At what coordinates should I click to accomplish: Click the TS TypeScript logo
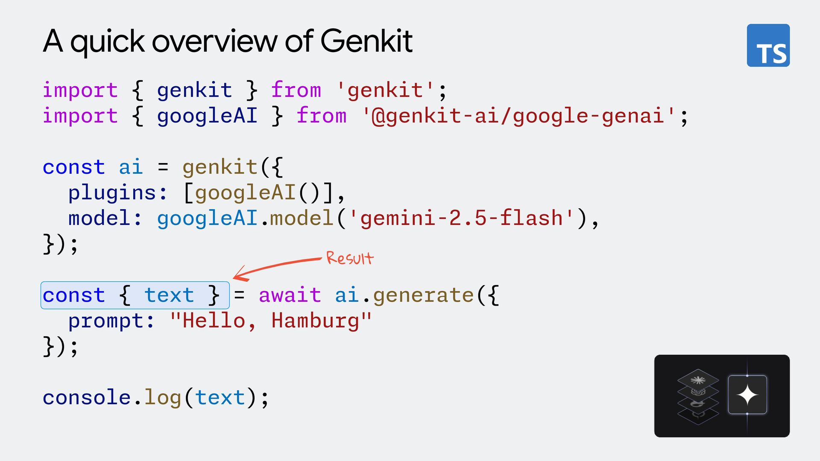(768, 45)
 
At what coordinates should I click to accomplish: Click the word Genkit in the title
(366, 41)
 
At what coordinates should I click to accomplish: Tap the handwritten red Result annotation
(350, 258)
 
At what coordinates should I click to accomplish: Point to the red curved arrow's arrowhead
(237, 276)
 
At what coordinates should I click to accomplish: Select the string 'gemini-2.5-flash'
(461, 218)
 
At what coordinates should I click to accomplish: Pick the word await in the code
(290, 295)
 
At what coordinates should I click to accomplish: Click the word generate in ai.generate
(423, 295)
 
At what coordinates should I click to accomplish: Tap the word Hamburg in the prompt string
(315, 321)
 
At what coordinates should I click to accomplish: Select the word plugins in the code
(112, 193)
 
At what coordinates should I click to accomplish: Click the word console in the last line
(86, 397)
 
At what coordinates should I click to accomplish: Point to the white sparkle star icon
(747, 395)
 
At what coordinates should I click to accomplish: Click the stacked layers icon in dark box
(698, 397)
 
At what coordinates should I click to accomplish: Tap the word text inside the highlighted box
(169, 295)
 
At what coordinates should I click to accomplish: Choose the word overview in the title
(214, 41)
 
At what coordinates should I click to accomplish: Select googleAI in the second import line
(207, 116)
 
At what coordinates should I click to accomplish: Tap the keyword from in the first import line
(296, 90)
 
